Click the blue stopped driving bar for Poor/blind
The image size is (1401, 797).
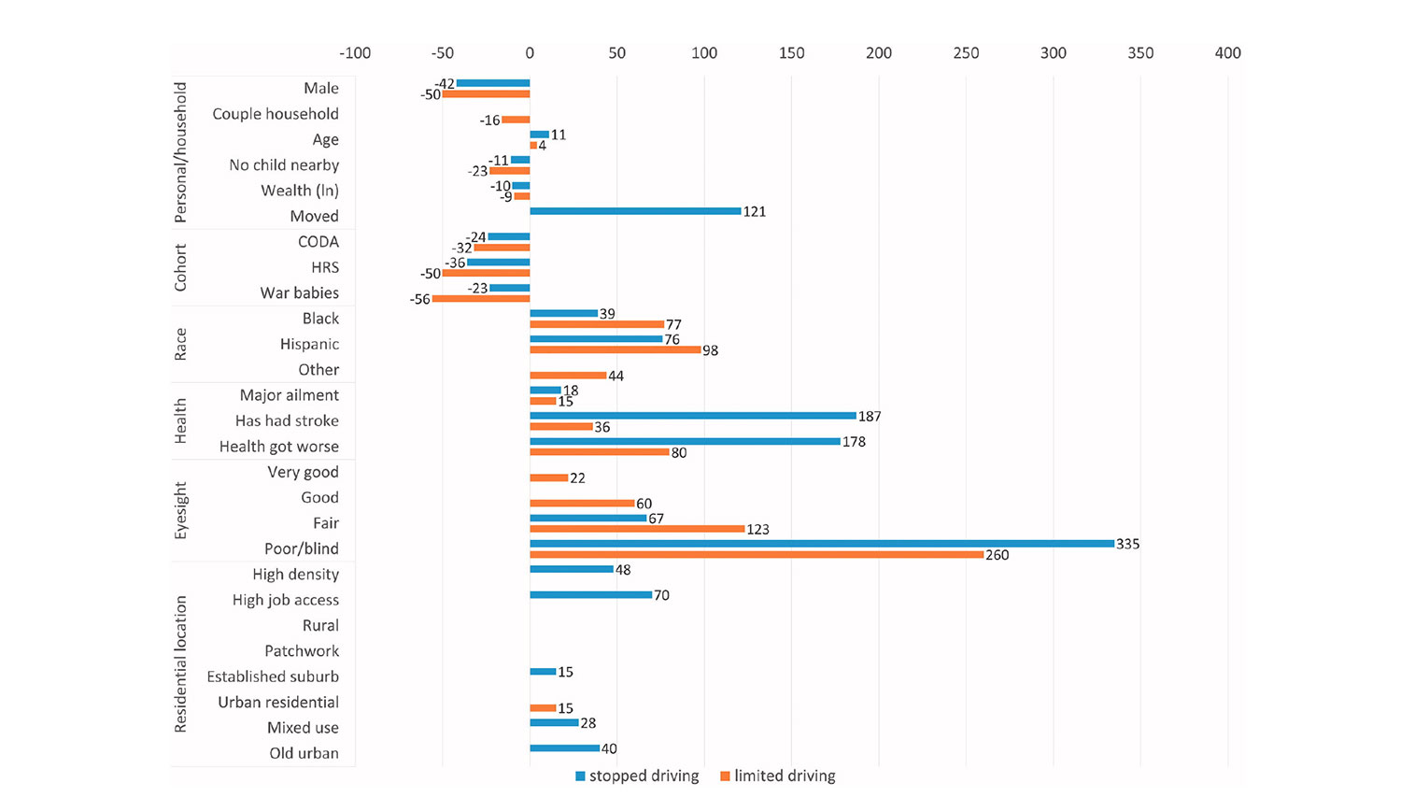(822, 544)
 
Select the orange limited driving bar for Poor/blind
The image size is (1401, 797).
(757, 555)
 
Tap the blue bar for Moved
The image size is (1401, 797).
(635, 211)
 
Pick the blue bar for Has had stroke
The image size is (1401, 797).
(693, 416)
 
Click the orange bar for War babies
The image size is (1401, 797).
(481, 299)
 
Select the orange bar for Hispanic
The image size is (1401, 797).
(615, 350)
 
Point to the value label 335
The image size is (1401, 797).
(1127, 544)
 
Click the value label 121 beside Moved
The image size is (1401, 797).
(754, 212)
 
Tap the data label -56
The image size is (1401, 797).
(419, 300)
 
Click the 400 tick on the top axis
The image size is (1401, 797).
(1227, 53)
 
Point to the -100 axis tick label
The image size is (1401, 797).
(355, 53)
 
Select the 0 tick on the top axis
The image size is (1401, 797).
(530, 53)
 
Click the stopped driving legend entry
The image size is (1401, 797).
(637, 776)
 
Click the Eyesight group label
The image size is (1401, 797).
(181, 510)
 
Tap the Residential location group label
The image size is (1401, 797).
(181, 663)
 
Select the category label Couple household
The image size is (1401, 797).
(275, 114)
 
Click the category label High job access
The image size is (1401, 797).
(285, 600)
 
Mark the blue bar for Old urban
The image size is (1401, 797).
(564, 748)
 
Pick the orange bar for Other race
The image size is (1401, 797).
(568, 376)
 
